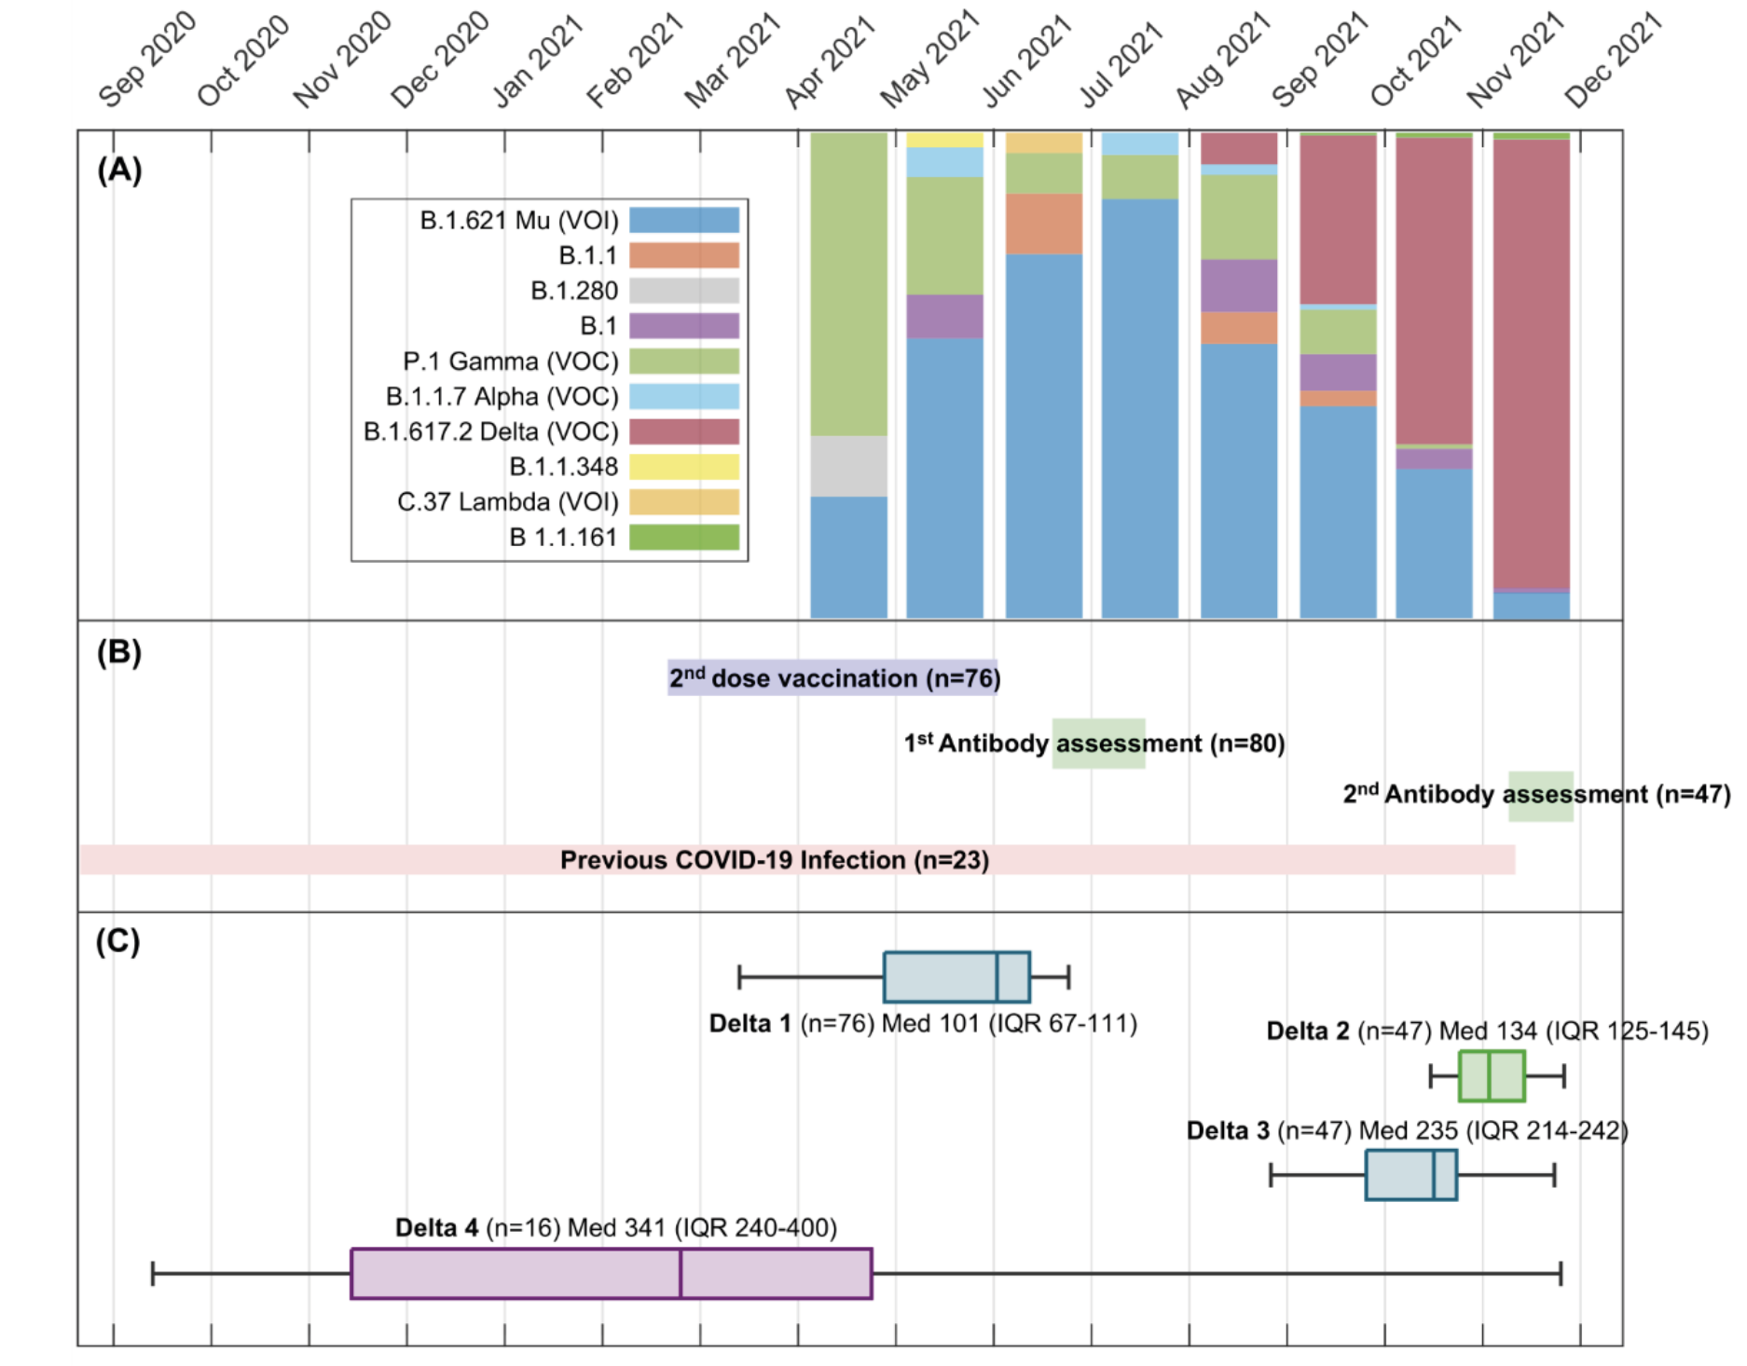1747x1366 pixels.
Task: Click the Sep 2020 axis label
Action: (147, 60)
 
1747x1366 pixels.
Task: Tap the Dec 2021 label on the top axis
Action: (1614, 60)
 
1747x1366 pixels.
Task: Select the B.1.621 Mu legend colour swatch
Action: (684, 220)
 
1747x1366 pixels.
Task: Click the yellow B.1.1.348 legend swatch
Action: (684, 467)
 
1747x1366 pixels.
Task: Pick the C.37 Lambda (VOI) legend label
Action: (508, 502)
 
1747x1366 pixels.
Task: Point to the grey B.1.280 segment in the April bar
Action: (848, 466)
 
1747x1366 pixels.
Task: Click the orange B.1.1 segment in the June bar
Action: (1044, 224)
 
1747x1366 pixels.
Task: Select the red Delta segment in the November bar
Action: (1532, 363)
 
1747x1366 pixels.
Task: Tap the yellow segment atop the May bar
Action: (945, 140)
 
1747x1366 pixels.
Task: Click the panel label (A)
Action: (119, 171)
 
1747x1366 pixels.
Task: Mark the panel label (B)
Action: (119, 652)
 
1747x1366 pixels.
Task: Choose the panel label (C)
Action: (118, 941)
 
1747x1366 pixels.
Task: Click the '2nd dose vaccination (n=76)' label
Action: (834, 678)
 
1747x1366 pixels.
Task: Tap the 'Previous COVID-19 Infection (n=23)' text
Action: (775, 860)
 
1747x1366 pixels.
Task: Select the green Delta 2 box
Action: (1492, 1076)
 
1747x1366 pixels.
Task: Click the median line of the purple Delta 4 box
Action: (681, 1274)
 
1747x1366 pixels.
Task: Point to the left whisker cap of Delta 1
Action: (739, 977)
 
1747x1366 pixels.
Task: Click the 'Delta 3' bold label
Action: (1228, 1131)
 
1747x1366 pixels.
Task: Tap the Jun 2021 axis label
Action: (1026, 60)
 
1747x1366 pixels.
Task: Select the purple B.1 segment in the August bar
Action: (1239, 285)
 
